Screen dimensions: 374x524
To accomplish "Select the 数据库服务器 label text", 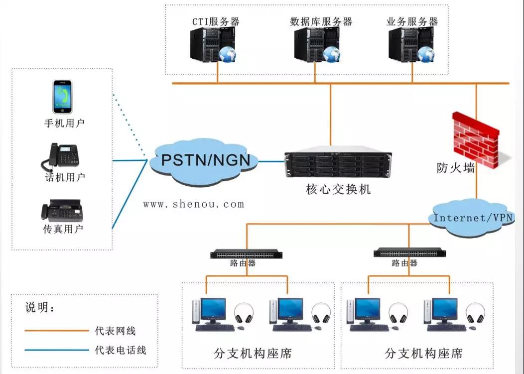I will (321, 22).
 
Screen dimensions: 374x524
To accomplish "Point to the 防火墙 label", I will (455, 168).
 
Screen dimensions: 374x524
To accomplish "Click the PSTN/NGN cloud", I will (204, 162).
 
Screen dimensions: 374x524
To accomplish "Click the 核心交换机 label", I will (338, 190).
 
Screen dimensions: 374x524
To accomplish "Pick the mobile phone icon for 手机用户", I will (63, 97).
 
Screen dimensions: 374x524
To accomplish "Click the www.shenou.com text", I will (194, 204).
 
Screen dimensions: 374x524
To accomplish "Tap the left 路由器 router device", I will (246, 254).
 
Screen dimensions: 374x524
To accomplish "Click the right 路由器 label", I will (404, 263).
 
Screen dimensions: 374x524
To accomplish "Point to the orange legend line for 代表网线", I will (56, 330).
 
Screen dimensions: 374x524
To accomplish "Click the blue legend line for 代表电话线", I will (56, 350).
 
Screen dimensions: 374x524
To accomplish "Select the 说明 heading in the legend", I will (40, 308).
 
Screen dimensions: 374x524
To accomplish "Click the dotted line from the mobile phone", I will (130, 122).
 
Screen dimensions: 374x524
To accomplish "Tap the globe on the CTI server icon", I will (228, 54).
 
